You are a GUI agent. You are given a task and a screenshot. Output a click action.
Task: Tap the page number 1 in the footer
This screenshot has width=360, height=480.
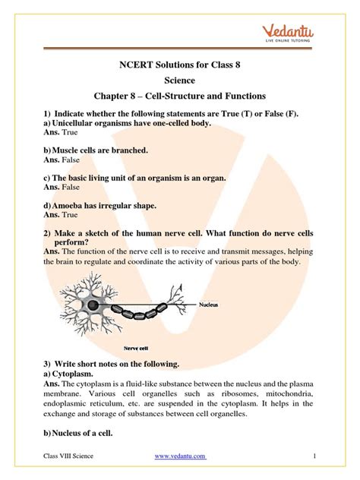coord(314,455)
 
